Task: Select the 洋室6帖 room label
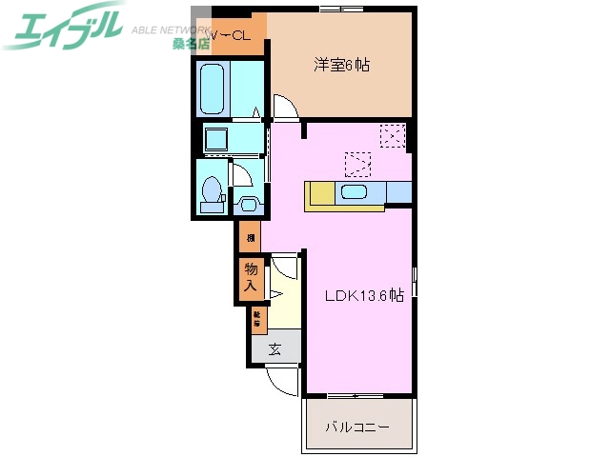pyautogui.click(x=342, y=66)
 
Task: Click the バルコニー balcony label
pyautogui.click(x=357, y=427)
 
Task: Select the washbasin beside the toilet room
pyautogui.click(x=248, y=203)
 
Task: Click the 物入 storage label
pyautogui.click(x=250, y=277)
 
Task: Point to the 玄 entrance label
pyautogui.click(x=274, y=348)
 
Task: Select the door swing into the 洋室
pyautogui.click(x=287, y=108)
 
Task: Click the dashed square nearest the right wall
pyautogui.click(x=393, y=136)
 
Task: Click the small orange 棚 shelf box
pyautogui.click(x=250, y=237)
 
